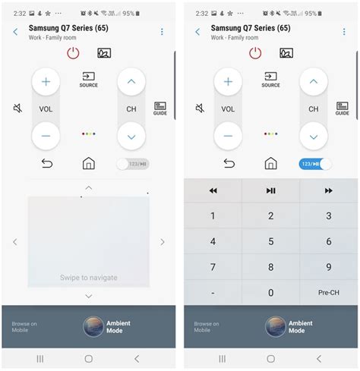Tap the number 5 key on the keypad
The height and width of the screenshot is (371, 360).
[270, 241]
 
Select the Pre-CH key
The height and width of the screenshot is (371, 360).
[328, 293]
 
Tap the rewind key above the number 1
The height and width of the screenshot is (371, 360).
[213, 191]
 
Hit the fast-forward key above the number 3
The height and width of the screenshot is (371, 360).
[328, 191]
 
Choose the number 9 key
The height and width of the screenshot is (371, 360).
[328, 267]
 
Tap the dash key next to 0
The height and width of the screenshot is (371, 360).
[213, 293]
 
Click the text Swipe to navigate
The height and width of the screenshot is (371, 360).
[89, 278]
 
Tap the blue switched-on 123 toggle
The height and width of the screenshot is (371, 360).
[315, 164]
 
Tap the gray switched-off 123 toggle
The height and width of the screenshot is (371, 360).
[133, 164]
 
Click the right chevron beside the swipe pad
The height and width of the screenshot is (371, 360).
[163, 242]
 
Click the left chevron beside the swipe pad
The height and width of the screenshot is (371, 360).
[15, 242]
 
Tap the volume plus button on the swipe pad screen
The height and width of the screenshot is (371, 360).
[46, 81]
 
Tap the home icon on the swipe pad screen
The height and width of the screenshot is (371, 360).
[89, 164]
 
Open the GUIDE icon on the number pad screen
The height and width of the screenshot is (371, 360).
[343, 108]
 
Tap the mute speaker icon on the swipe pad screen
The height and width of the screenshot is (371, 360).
[17, 108]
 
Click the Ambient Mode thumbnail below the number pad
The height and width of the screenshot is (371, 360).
[276, 326]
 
